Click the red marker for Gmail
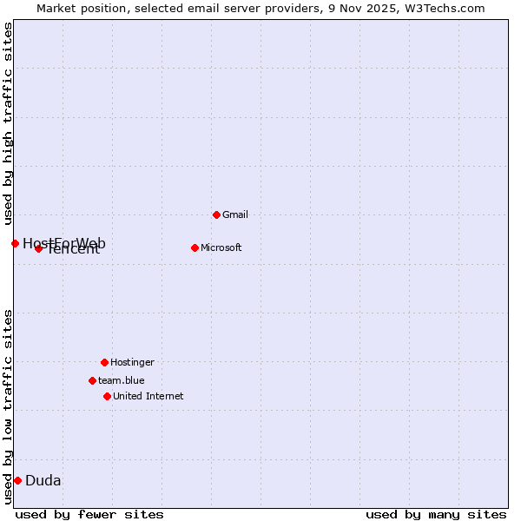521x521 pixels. [216, 214]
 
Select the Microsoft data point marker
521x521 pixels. [195, 247]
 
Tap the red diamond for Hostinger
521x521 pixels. [104, 362]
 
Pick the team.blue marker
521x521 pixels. [92, 380]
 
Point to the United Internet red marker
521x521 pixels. [107, 396]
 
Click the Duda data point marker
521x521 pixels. [17, 480]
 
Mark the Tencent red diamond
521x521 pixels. [38, 248]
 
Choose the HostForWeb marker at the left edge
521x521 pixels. [15, 243]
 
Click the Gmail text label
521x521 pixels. [235, 214]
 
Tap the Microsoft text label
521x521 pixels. [221, 247]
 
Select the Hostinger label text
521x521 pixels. [132, 362]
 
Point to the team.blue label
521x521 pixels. [122, 380]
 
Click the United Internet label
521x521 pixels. [148, 396]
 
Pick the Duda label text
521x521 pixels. [43, 480]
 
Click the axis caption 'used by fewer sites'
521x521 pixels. [89, 514]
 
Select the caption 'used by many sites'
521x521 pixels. [436, 514]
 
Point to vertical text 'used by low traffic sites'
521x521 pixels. [8, 406]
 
